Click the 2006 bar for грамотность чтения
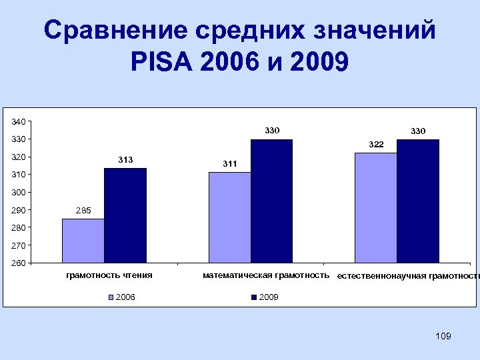click(83, 241)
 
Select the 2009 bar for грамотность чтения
click(125, 215)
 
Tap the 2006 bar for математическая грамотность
click(229, 217)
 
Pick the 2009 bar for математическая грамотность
click(272, 201)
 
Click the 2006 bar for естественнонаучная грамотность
click(376, 207)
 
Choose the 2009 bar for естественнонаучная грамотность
click(418, 201)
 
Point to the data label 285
click(83, 211)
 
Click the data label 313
click(125, 159)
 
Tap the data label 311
click(229, 163)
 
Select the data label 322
click(376, 144)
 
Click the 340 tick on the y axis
click(18, 121)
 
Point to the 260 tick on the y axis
click(18, 263)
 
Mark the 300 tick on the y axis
click(18, 193)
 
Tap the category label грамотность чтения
click(109, 275)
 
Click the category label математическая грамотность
click(266, 275)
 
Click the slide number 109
click(443, 336)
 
